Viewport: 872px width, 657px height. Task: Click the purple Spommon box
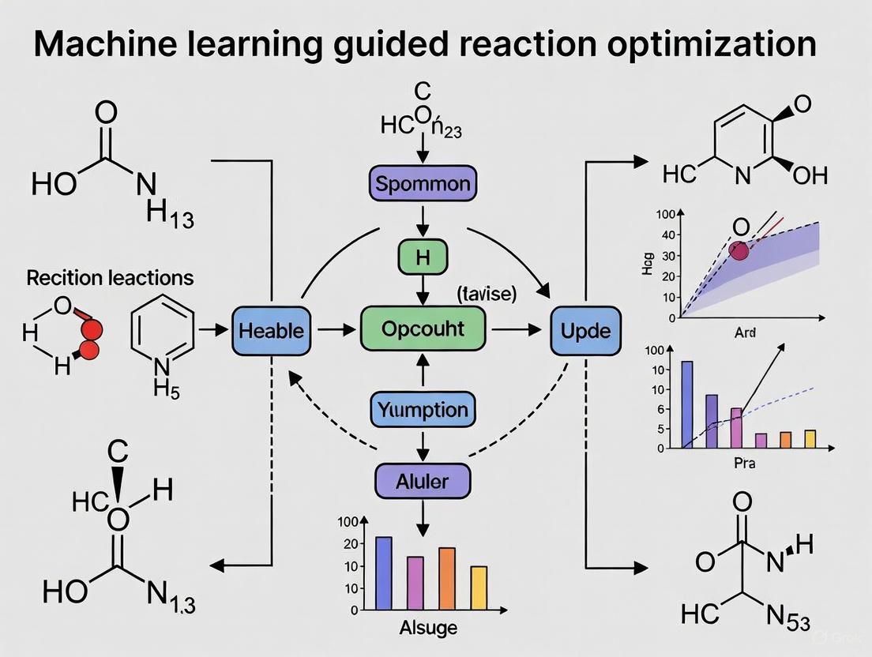pyautogui.click(x=423, y=185)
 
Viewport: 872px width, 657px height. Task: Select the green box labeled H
pyautogui.click(x=423, y=257)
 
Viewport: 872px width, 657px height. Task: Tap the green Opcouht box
pyautogui.click(x=423, y=328)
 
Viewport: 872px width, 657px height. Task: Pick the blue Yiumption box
pyautogui.click(x=423, y=410)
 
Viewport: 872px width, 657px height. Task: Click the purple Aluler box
pyautogui.click(x=423, y=481)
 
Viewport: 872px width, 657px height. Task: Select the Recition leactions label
pyautogui.click(x=110, y=277)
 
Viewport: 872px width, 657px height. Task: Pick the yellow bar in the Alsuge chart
pyautogui.click(x=479, y=588)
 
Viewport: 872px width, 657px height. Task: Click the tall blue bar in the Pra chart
pyautogui.click(x=687, y=404)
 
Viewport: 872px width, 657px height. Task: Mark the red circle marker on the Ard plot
pyautogui.click(x=739, y=251)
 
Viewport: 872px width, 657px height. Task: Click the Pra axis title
pyautogui.click(x=744, y=463)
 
